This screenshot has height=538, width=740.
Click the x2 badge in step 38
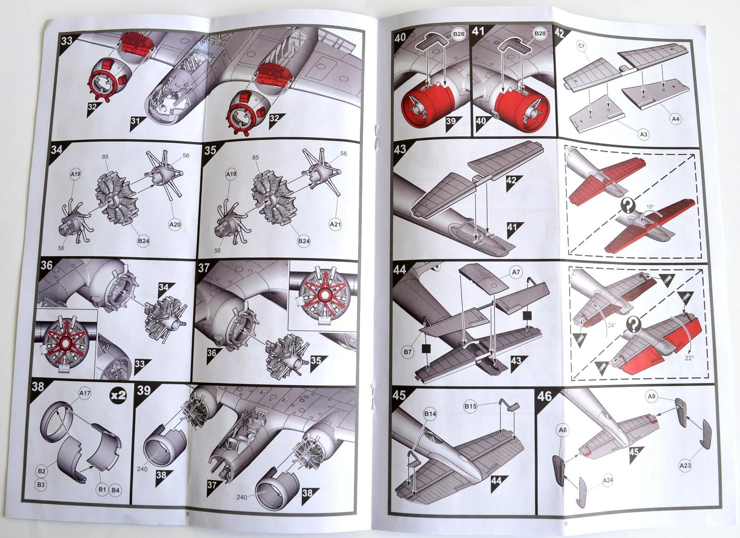[118, 395]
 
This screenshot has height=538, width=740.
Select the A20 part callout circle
[175, 224]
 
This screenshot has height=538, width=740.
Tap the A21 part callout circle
[335, 224]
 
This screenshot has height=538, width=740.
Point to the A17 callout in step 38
[85, 393]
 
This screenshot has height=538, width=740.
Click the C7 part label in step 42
[581, 46]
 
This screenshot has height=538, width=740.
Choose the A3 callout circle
[643, 134]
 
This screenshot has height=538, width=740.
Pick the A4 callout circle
[676, 119]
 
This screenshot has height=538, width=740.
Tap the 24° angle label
[612, 325]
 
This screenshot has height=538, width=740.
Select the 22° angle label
[689, 358]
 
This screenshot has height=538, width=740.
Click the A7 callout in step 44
[516, 272]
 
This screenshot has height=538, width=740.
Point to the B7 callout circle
[408, 352]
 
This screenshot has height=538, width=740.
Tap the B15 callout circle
[470, 406]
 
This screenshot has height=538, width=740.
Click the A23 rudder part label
[685, 465]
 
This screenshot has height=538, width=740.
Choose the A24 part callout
[607, 480]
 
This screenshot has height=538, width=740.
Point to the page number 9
[565, 524]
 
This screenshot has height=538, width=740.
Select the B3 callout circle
[41, 485]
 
